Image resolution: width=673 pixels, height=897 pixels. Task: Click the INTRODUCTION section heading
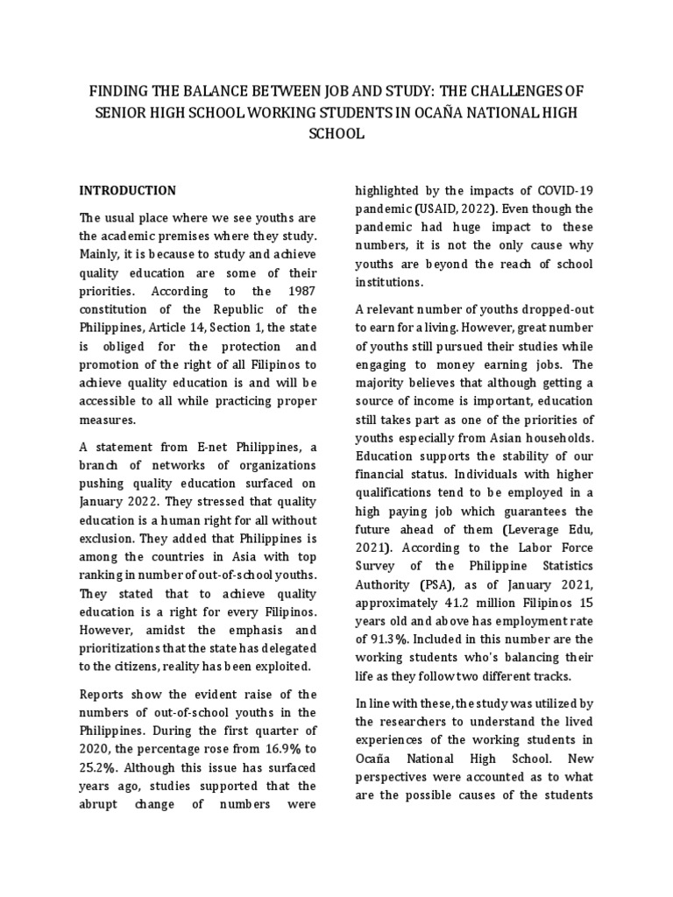[x=128, y=190]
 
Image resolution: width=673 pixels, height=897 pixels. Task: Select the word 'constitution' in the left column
[x=117, y=310]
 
